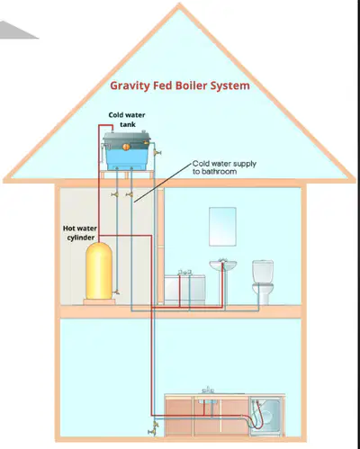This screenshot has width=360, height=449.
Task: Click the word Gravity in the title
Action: (x=130, y=86)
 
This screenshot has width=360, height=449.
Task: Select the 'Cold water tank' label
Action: (x=127, y=120)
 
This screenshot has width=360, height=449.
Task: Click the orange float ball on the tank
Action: (x=126, y=147)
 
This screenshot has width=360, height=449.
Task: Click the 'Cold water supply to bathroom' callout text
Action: (x=224, y=167)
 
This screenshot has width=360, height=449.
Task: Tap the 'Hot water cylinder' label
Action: (x=80, y=233)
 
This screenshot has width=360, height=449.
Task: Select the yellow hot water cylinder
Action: (x=99, y=271)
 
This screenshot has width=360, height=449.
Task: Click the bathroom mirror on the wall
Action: (x=222, y=227)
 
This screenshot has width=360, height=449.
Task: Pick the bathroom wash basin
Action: (x=223, y=265)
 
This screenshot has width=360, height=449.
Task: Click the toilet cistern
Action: (x=263, y=271)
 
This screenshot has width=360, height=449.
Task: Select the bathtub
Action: (x=184, y=289)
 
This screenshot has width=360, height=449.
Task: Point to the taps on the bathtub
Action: (x=184, y=272)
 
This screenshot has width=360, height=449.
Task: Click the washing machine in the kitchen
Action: (x=266, y=417)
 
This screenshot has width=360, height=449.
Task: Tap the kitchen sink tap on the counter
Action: (x=208, y=390)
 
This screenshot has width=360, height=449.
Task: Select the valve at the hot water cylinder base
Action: (x=116, y=292)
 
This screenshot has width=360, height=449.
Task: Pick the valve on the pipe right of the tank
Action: (x=157, y=152)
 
